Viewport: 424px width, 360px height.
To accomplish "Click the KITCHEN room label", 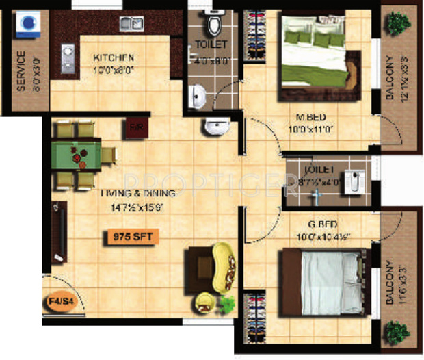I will [114, 57].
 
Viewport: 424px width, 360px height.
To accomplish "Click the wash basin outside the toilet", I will [217, 127].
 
